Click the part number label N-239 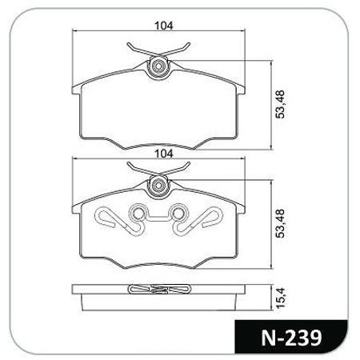pyautogui.click(x=291, y=338)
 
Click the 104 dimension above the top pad pyautogui.click(x=164, y=26)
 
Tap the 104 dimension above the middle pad pyautogui.click(x=164, y=154)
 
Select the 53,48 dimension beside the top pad pyautogui.click(x=280, y=104)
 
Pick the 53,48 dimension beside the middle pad pyautogui.click(x=280, y=223)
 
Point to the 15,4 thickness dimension pyautogui.click(x=281, y=298)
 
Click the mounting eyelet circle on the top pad pyautogui.click(x=158, y=66)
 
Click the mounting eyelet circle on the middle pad pyautogui.click(x=158, y=185)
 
